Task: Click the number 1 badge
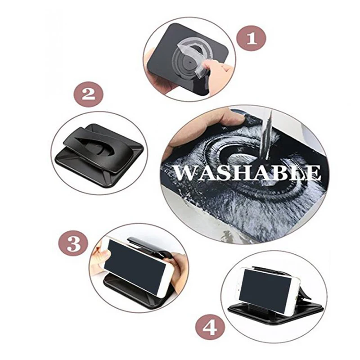(252, 38)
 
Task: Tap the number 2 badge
(88, 94)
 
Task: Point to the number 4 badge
(210, 327)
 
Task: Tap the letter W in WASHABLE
(185, 173)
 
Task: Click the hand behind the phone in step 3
(179, 271)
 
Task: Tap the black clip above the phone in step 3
(147, 247)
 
